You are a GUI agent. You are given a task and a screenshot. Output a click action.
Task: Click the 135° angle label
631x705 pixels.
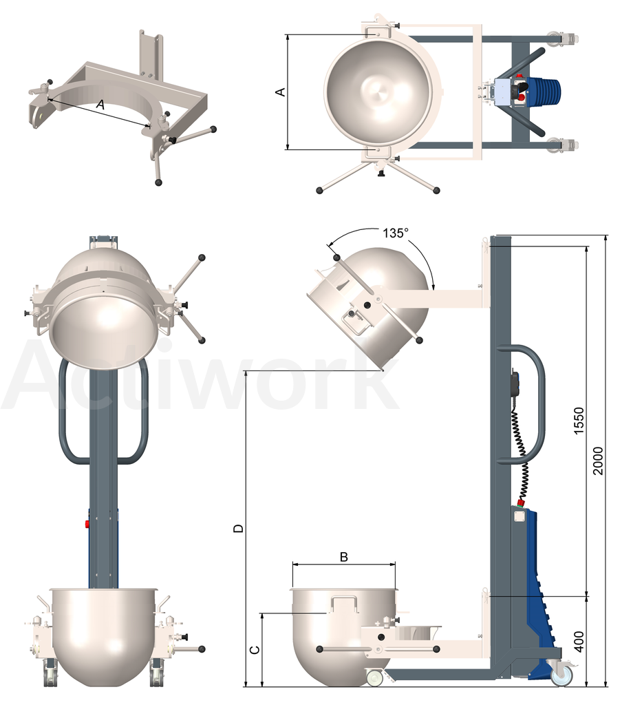click(396, 233)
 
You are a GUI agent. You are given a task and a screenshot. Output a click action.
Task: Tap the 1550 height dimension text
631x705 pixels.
click(579, 421)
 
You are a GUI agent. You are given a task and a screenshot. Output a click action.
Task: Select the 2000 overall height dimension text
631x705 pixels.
click(598, 461)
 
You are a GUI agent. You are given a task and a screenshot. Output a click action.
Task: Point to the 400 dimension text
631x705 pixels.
click(579, 642)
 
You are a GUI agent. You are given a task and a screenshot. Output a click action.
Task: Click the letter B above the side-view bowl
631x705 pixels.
click(344, 557)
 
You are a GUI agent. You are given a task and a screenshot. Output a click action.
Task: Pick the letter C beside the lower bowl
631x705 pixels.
click(255, 650)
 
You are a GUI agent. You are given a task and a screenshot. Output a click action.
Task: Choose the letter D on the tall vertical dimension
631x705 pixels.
click(239, 528)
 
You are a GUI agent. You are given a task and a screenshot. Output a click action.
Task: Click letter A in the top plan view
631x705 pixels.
click(280, 92)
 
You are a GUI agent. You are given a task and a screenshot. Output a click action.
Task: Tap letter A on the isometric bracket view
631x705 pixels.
click(100, 105)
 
